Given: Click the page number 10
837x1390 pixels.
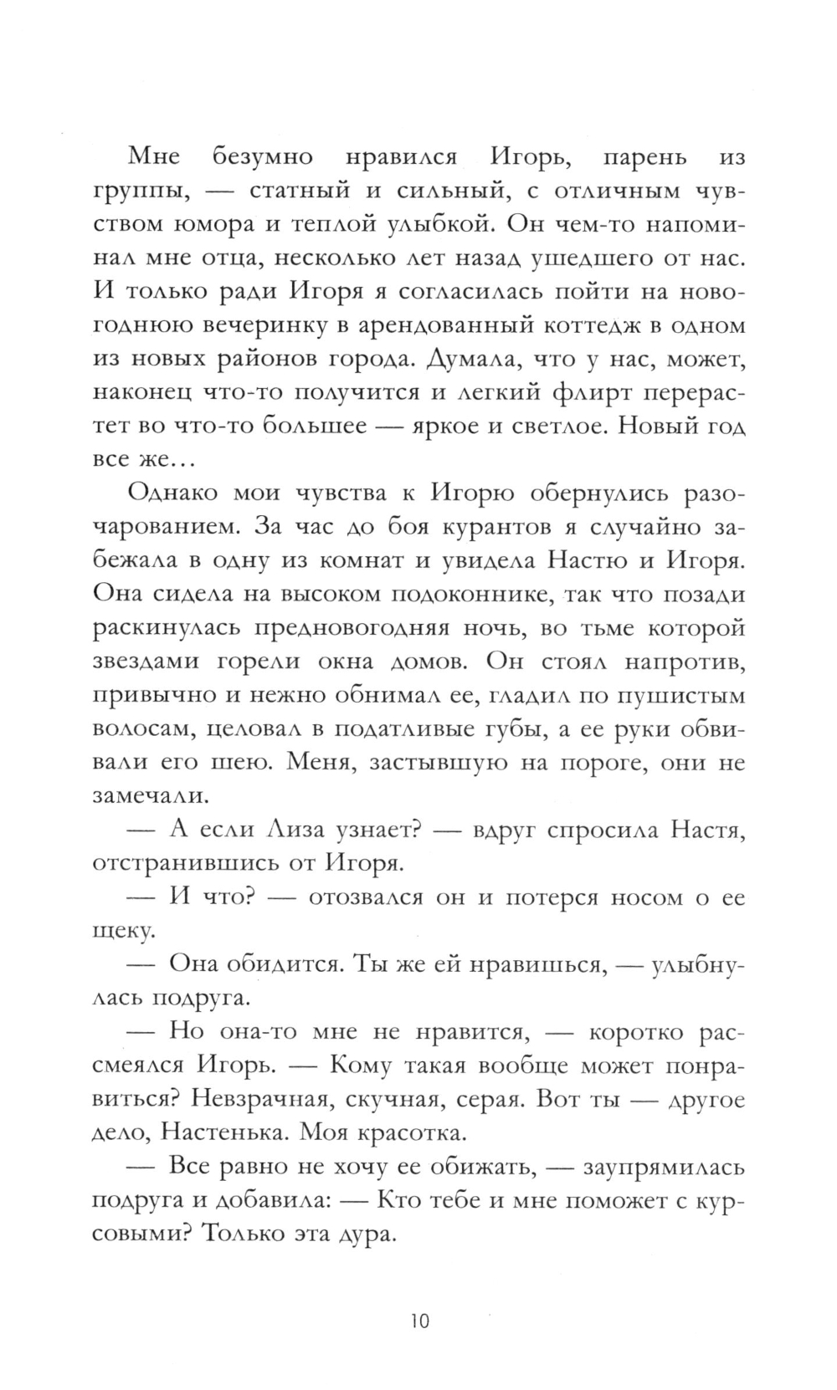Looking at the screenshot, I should [x=419, y=1298].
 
